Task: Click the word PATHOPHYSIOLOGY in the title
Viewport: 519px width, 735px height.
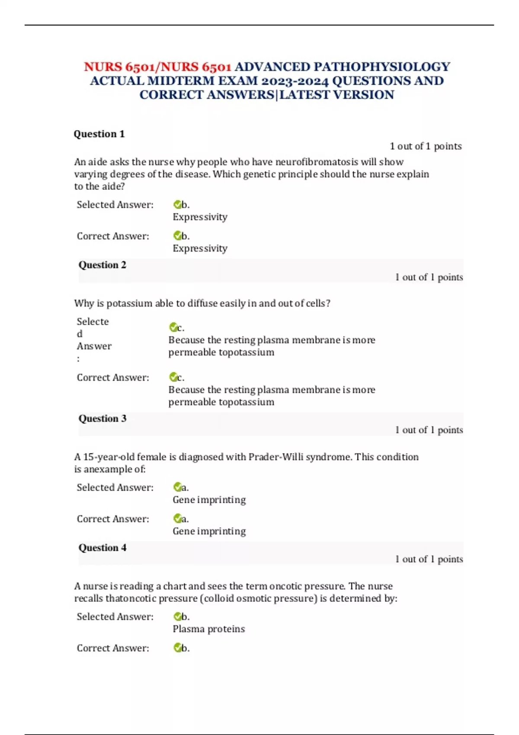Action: pyautogui.click(x=381, y=67)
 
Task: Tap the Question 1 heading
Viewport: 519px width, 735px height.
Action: pyautogui.click(x=99, y=134)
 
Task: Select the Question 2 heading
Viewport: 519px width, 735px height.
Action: pyautogui.click(x=103, y=265)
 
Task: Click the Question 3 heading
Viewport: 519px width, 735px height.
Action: pyautogui.click(x=103, y=419)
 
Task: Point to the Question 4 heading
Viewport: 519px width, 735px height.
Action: pyautogui.click(x=103, y=548)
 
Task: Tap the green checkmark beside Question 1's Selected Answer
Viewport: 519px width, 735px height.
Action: pyautogui.click(x=177, y=205)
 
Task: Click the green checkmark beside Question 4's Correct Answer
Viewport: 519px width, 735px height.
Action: pyautogui.click(x=177, y=648)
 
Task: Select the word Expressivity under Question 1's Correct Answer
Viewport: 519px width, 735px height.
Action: pyautogui.click(x=200, y=249)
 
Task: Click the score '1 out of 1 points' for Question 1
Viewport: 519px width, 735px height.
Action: pyautogui.click(x=426, y=146)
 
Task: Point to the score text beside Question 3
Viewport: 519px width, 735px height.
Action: pyautogui.click(x=429, y=430)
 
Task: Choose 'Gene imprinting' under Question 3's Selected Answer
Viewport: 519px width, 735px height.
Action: pyautogui.click(x=209, y=500)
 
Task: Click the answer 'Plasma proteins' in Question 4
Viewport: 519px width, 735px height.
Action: pyautogui.click(x=208, y=629)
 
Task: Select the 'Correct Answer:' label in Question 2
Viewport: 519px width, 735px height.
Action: pyautogui.click(x=113, y=377)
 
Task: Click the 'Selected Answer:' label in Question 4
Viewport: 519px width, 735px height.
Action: pyautogui.click(x=115, y=617)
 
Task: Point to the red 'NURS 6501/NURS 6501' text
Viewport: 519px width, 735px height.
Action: pyautogui.click(x=157, y=67)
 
